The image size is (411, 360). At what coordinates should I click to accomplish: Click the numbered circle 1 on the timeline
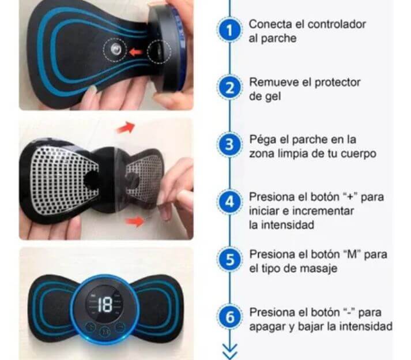pos(229,31)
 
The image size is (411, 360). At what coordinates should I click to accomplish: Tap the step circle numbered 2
pos(229,88)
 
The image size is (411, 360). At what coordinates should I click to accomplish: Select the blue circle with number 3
pos(229,145)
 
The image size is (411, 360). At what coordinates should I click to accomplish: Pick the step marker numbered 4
pos(229,202)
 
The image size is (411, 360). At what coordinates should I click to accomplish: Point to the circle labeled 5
pos(229,259)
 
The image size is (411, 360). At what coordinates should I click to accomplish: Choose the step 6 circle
pos(229,317)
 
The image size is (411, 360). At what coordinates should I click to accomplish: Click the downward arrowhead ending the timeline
pos(229,350)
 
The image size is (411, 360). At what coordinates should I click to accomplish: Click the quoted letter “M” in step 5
pos(353,254)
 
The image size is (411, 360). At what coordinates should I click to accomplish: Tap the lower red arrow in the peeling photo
pos(135,221)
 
